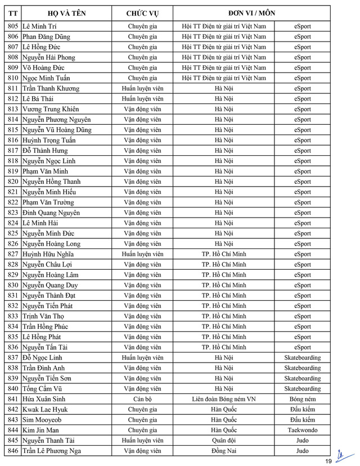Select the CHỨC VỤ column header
pyautogui.click(x=142, y=12)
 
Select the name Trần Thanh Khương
pyautogui.click(x=51, y=88)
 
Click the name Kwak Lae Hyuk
pyautogui.click(x=45, y=409)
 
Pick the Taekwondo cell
pyautogui.click(x=302, y=430)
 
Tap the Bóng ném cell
pyautogui.click(x=302, y=399)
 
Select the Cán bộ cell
pyautogui.click(x=142, y=399)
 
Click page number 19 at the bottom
pyautogui.click(x=328, y=460)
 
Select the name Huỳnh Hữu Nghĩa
pyautogui.click(x=48, y=254)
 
